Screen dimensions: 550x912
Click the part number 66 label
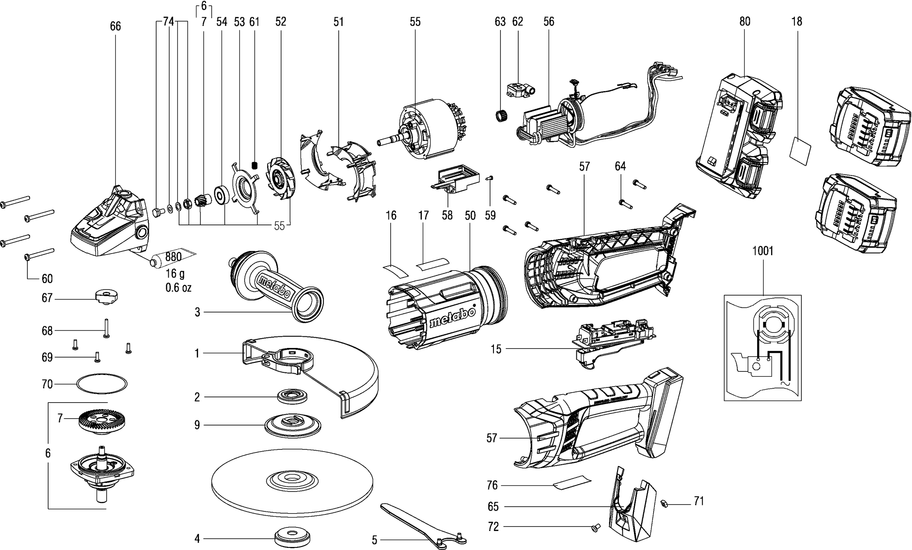click(115, 26)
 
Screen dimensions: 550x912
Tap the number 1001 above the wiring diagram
click(763, 251)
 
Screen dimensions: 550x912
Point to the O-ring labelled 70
click(102, 384)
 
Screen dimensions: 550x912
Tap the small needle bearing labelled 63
click(502, 117)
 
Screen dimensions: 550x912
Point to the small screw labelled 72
click(595, 527)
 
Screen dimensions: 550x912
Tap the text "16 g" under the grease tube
click(175, 274)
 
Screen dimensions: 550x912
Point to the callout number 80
click(745, 22)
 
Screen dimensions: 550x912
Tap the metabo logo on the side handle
click(275, 287)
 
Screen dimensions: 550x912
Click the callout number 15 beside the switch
click(496, 349)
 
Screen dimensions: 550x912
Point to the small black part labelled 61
click(255, 166)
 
